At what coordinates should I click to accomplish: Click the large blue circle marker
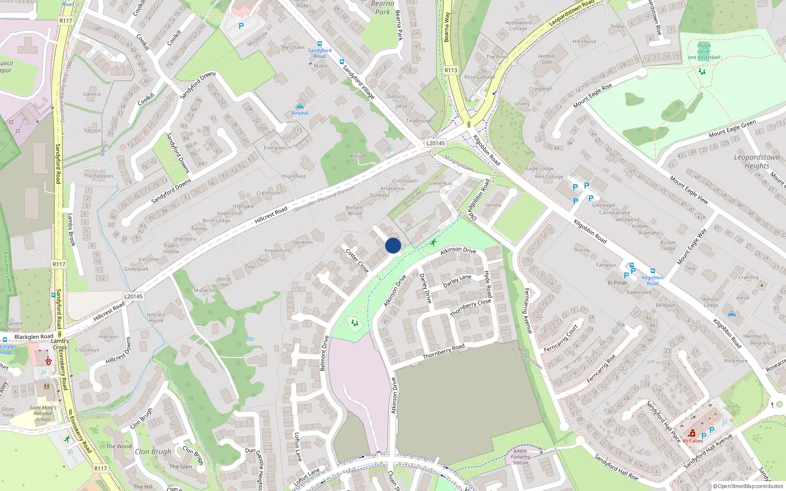pos(393,245)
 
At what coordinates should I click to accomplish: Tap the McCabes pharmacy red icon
pos(692,434)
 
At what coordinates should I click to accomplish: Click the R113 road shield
pos(451,70)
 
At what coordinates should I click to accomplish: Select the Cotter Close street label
pos(357,261)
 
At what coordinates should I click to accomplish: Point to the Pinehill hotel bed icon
pos(300,107)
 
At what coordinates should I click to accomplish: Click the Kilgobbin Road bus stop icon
pos(652,271)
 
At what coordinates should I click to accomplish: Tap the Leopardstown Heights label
pos(757,162)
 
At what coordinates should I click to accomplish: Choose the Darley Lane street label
pos(457,281)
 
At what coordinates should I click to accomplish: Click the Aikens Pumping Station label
pos(520,457)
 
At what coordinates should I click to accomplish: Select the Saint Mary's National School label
pos(43,413)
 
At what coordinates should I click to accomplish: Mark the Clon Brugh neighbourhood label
pos(153,452)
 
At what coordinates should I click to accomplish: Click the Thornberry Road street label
pos(444,352)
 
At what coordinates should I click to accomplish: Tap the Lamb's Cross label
pos(60,344)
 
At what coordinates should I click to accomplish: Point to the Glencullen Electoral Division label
pos(324,199)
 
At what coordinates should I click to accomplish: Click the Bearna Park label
pos(382,7)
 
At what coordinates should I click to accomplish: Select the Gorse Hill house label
pos(224,282)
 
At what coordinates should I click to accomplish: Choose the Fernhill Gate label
pos(546,59)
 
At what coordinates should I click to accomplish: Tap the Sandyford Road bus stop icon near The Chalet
pos(320,44)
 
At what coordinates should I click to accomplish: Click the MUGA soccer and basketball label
pos(703,51)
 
